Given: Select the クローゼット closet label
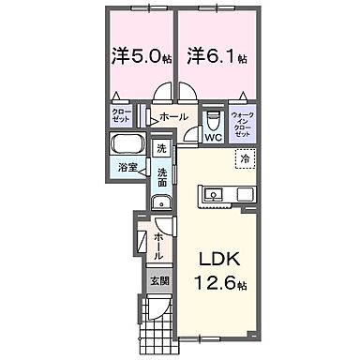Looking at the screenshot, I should pos(121,117).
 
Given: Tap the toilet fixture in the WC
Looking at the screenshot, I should pos(213,120).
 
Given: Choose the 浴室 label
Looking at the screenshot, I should pos(127,169).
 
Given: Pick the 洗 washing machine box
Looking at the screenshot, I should pos(161,149).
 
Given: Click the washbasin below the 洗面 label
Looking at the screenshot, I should pos(160,201).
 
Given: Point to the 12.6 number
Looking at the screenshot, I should pos(209,283).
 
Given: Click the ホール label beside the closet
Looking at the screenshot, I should pos(173,117).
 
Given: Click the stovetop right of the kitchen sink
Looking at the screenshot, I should pos(243,195).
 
